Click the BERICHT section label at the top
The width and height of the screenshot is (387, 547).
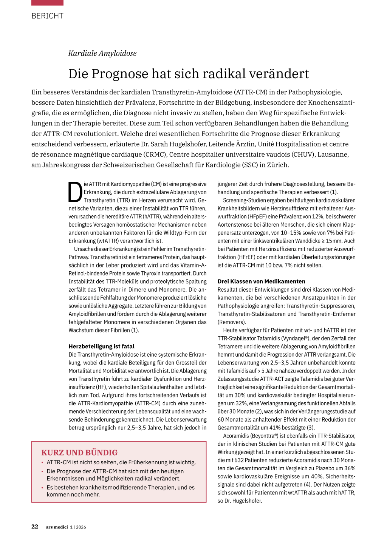47,16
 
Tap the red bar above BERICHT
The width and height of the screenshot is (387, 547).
47,3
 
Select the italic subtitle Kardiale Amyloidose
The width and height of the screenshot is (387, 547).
102,53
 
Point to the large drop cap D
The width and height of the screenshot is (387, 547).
75,192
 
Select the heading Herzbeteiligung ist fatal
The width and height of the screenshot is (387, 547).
101,346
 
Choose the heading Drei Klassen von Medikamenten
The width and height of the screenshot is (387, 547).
261,281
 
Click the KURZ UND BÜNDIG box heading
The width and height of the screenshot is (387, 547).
79,453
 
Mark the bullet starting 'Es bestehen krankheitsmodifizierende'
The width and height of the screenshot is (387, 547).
120,491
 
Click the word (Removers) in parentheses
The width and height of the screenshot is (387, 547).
232,322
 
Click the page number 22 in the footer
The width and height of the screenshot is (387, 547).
35,527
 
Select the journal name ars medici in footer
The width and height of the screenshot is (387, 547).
57,527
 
